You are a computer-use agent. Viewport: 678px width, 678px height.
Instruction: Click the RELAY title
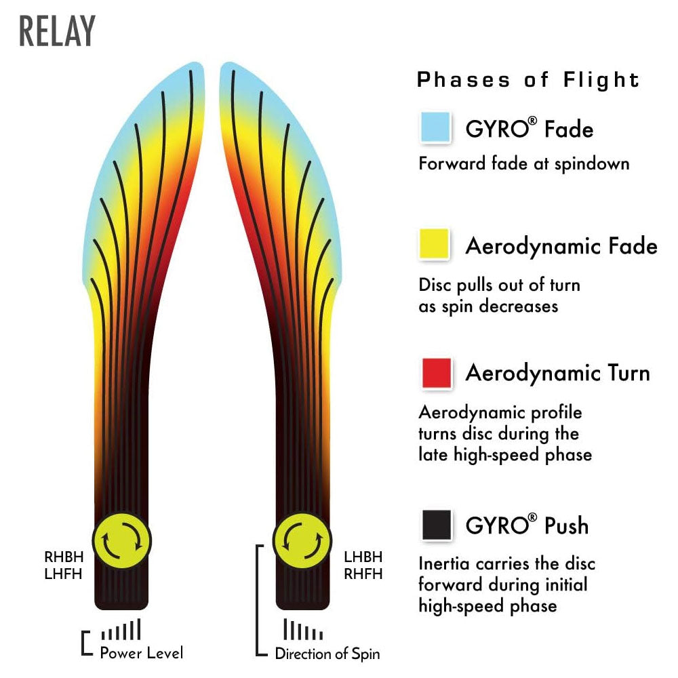click(58, 31)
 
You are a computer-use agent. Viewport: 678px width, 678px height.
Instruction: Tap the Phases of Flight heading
click(528, 80)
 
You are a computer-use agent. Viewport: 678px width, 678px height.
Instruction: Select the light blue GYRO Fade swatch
click(436, 127)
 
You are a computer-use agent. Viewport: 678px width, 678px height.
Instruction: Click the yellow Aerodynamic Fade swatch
click(436, 245)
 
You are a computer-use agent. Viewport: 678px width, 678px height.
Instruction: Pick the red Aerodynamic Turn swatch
click(436, 372)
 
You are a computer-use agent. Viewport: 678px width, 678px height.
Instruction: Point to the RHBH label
click(64, 557)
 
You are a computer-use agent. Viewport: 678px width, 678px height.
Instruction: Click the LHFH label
click(64, 574)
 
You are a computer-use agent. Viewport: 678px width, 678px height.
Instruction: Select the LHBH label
click(363, 557)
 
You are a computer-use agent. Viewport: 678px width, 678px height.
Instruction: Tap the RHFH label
click(363, 574)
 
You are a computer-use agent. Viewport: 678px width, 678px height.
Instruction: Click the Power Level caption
click(141, 654)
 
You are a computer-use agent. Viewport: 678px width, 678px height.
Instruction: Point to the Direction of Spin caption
click(327, 654)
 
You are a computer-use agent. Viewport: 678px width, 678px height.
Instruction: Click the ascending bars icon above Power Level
click(121, 630)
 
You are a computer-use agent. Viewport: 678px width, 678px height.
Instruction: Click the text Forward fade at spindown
click(523, 163)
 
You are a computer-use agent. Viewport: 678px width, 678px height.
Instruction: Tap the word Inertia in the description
click(441, 563)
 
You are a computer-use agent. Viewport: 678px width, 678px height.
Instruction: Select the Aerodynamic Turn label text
click(557, 373)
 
